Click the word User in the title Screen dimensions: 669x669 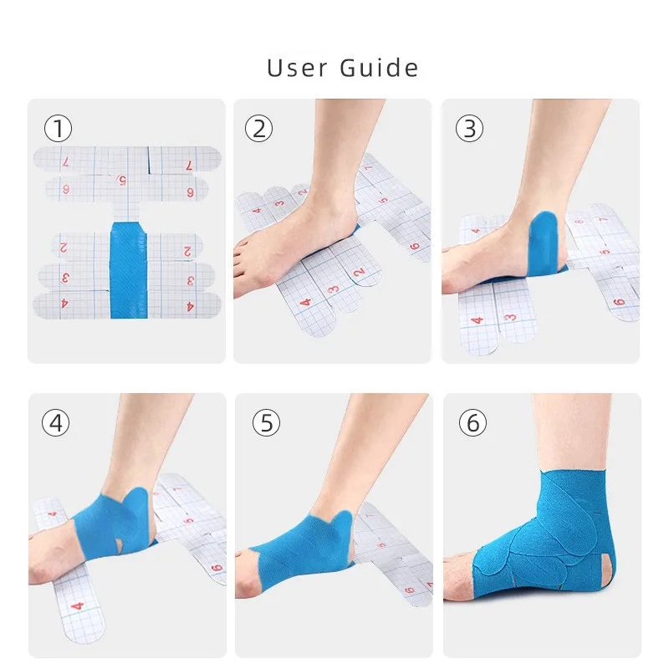(297, 68)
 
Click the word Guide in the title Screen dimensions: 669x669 (379, 68)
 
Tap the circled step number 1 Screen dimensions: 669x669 (58, 129)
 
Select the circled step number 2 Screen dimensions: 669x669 (258, 129)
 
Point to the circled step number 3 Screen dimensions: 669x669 (469, 129)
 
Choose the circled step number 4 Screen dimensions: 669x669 (55, 423)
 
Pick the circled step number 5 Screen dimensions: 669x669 (266, 423)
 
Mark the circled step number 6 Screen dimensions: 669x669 (472, 423)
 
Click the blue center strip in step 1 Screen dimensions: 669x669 (129, 269)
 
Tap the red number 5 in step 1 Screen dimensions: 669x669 (121, 181)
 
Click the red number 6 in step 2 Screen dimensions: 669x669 (414, 247)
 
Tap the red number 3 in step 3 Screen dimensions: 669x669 (510, 318)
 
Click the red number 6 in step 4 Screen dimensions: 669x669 (217, 569)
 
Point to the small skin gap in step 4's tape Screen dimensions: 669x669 (120, 545)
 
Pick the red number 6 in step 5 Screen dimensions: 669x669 (409, 591)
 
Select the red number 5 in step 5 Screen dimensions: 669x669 (382, 545)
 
